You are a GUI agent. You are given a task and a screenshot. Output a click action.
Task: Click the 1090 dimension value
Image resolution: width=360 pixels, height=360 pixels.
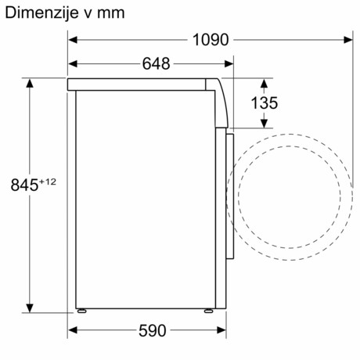[x=210, y=39]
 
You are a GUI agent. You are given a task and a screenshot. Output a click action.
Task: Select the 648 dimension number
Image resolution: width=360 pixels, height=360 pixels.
[x=156, y=64]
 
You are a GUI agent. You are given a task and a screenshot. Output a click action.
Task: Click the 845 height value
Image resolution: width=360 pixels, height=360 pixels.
[x=25, y=185]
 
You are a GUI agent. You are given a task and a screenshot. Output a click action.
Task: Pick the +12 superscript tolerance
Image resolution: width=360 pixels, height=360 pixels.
[x=49, y=182]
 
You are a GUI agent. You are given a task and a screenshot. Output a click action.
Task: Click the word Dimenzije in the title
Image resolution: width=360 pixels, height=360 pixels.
[x=38, y=13]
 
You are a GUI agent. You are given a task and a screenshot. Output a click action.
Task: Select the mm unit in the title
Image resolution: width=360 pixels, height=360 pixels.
[x=110, y=13]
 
